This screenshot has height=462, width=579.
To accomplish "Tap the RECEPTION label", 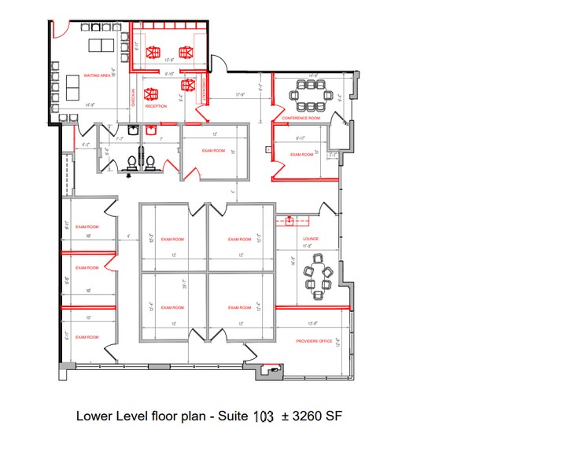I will click(156, 106).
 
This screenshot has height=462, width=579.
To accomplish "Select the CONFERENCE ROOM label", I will click(301, 119).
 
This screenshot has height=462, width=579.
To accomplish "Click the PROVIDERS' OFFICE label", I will click(314, 341).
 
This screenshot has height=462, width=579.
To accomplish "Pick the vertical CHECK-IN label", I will click(134, 96).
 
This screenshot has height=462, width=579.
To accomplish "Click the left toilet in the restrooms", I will click(131, 163).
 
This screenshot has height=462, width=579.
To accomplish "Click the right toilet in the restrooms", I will click(149, 163).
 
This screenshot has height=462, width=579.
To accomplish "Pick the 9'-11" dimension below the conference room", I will click(301, 138).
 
